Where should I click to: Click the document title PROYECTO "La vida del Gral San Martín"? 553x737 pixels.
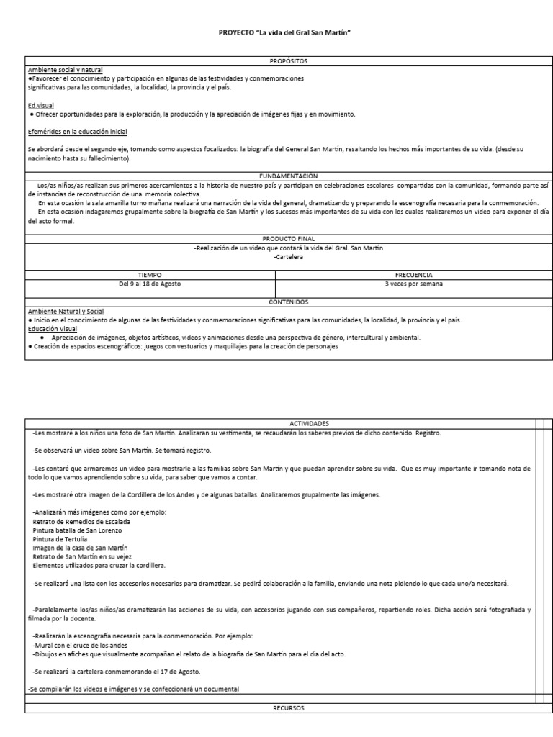(x=288, y=33)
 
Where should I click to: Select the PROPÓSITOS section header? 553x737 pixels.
(x=288, y=62)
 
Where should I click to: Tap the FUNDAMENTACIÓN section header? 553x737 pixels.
(x=288, y=175)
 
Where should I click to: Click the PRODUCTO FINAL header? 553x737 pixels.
(x=288, y=239)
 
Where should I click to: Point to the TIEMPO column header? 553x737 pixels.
(x=150, y=275)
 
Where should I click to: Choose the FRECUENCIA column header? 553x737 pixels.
(x=414, y=275)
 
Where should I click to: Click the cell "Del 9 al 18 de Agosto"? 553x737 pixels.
(x=150, y=284)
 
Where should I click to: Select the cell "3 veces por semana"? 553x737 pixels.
(x=414, y=284)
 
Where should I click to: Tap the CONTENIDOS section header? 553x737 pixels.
(x=288, y=302)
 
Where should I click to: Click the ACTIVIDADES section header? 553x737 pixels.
(x=288, y=424)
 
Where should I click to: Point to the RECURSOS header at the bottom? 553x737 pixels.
(x=288, y=708)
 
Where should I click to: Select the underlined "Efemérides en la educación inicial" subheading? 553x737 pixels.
(x=78, y=132)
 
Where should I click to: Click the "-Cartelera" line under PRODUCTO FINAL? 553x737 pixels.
(x=288, y=256)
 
